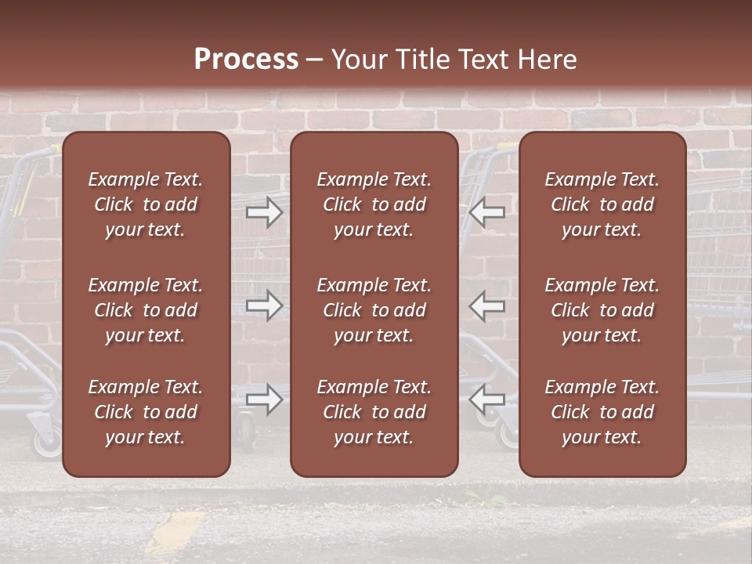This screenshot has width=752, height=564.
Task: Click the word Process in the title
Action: coord(246,60)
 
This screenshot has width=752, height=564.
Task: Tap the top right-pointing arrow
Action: coord(265,212)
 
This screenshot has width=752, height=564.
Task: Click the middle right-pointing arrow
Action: coord(265,305)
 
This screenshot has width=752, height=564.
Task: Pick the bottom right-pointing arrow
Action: coord(265,399)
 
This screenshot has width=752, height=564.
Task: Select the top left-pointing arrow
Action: coord(487,212)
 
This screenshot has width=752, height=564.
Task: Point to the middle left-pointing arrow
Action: coord(487,305)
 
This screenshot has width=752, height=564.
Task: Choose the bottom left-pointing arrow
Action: coord(487,399)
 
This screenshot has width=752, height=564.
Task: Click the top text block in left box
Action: coord(146,204)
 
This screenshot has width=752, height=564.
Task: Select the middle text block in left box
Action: coord(146,310)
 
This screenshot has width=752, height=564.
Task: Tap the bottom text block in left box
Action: coord(146,412)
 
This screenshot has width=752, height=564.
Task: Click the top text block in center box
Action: coord(374,204)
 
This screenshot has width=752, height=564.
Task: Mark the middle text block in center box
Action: coord(374,310)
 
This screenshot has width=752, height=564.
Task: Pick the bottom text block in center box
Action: coord(374,412)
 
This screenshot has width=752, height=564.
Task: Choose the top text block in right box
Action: coord(602,204)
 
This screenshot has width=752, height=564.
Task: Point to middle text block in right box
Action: coord(602,310)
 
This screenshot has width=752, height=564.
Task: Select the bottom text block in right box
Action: coord(602,412)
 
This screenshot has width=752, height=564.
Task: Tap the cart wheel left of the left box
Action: coord(48,444)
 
